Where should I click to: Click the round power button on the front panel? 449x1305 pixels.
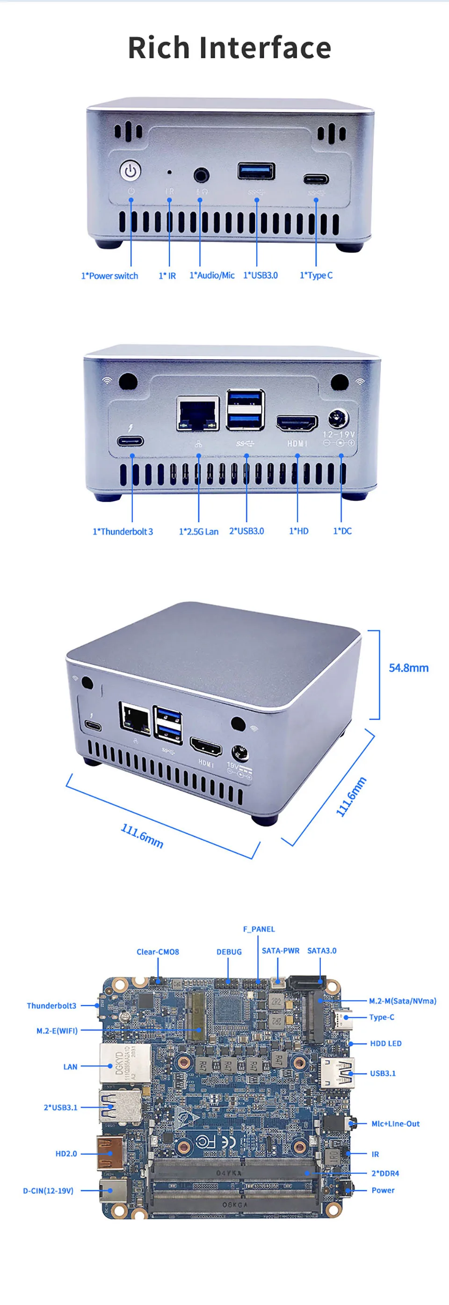130,171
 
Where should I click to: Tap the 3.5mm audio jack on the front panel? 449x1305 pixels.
202,176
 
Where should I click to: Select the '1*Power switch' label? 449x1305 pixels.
109,276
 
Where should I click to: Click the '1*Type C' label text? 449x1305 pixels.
316,276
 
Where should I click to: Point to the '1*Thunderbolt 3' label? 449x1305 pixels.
123,532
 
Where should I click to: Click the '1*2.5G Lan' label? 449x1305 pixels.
198,532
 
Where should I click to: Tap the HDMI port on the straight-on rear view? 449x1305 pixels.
297,423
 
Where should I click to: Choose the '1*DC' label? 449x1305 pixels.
342,531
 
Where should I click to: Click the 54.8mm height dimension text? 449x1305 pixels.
408,668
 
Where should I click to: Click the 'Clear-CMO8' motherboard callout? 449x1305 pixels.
158,952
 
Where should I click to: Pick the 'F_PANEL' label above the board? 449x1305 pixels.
259,929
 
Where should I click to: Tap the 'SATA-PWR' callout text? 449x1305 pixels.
281,951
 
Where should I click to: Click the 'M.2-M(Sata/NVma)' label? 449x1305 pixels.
402,1001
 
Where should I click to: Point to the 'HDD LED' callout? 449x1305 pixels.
386,1043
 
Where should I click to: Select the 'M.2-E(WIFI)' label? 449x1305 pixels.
57,1030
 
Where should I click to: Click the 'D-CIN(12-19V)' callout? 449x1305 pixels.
48,1190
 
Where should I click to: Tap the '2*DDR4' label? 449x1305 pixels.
385,1174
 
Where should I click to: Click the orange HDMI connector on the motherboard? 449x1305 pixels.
110,1153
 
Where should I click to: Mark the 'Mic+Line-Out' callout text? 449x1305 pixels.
395,1123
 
